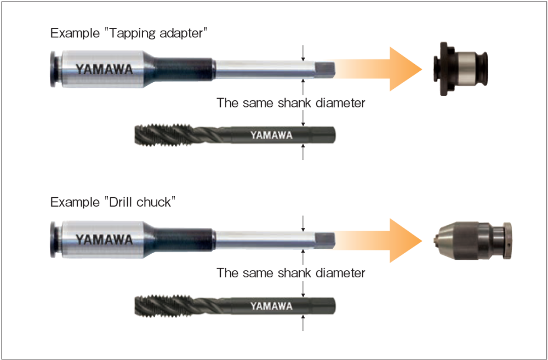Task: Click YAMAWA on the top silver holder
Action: pos(104,70)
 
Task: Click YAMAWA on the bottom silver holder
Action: pos(104,240)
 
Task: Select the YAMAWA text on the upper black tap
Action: pos(271,135)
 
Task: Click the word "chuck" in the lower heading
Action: pos(156,202)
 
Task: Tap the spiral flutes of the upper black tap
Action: pos(164,134)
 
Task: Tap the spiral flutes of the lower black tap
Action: pos(164,305)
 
